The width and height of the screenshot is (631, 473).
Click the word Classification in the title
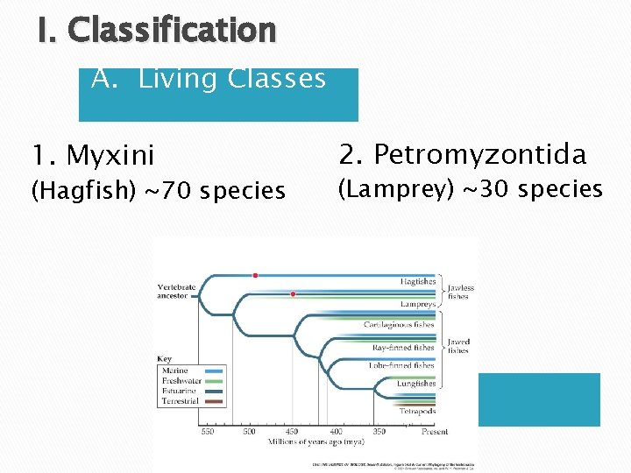point(172,32)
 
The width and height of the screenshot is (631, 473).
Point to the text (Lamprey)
point(390,189)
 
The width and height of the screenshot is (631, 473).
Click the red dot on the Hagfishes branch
point(255,275)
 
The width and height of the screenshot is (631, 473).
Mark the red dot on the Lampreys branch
point(293,294)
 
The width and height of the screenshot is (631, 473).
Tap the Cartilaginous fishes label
point(399,325)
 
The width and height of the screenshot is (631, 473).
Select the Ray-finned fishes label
point(403,347)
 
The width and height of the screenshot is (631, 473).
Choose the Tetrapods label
point(417,410)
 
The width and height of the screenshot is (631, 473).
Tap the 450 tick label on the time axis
point(292,431)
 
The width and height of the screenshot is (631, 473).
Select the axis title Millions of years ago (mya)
point(312,441)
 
